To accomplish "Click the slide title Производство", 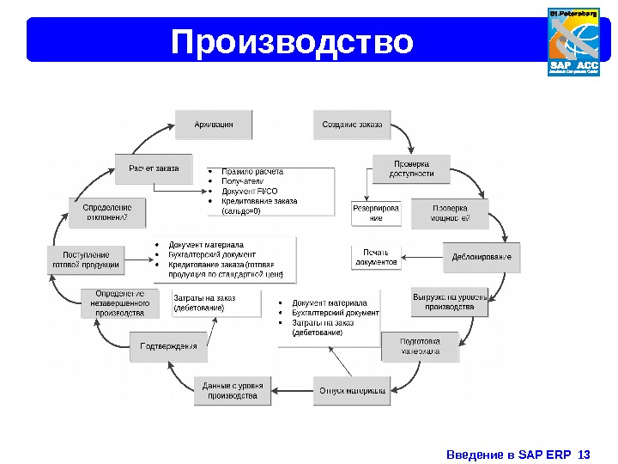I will point(292,40).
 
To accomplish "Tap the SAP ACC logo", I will point(573,42).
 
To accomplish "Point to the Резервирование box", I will point(376,213).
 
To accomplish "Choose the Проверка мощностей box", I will point(450,213).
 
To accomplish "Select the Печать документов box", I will point(376,257).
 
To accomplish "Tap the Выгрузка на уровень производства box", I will point(450,302).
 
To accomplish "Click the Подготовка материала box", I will point(420,345).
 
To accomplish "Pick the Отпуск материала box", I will point(352,390).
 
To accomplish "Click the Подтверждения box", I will point(168,346).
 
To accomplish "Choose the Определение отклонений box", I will point(107,212).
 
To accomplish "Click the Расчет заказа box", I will point(154,168).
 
